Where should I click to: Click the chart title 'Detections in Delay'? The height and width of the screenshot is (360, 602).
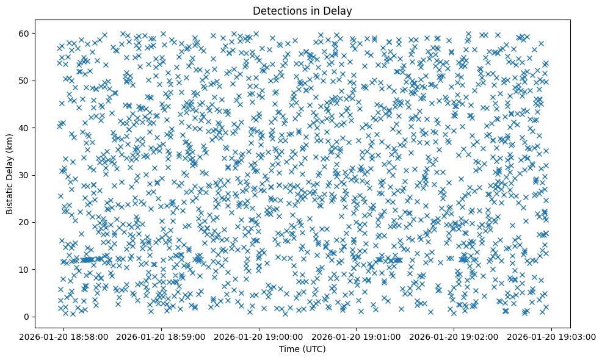click(302, 10)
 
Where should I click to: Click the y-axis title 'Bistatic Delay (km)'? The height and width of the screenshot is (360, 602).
click(10, 175)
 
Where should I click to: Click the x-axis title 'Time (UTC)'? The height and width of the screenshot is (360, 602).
click(302, 349)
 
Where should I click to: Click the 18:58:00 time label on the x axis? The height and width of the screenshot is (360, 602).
click(64, 336)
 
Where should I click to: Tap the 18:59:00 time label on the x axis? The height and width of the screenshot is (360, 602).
click(162, 336)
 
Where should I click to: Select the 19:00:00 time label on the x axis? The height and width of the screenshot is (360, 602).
click(259, 336)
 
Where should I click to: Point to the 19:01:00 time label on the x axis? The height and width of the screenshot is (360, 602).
click(357, 336)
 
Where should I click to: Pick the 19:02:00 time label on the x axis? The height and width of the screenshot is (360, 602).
click(454, 336)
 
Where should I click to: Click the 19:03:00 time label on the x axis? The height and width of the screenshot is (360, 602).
click(551, 336)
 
